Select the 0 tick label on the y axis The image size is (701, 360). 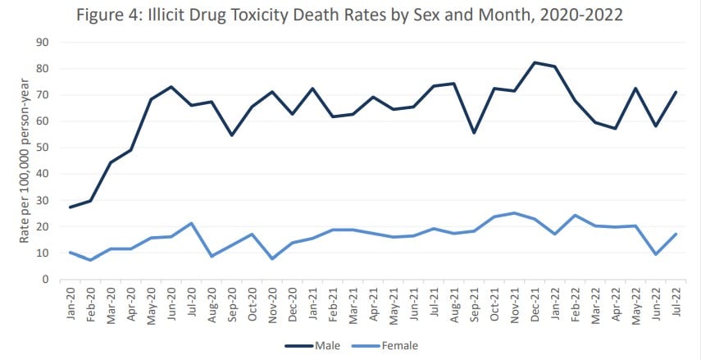click(x=46, y=280)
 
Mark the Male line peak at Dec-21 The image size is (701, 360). click(x=535, y=62)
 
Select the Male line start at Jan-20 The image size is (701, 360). click(x=71, y=207)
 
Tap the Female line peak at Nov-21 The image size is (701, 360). click(x=515, y=213)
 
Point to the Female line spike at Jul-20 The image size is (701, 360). click(x=191, y=223)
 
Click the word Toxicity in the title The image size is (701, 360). click(x=315, y=14)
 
